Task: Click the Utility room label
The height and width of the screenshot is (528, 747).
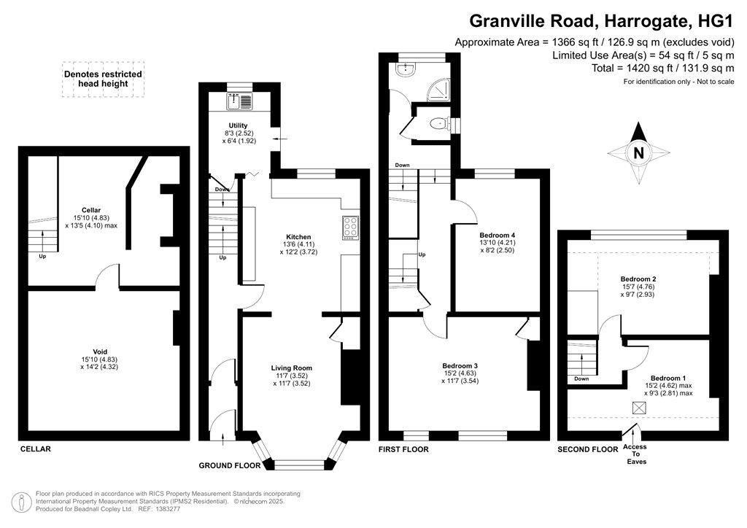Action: tap(238, 125)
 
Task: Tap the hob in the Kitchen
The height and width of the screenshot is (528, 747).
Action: tap(351, 228)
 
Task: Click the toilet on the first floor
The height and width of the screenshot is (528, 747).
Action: tap(438, 124)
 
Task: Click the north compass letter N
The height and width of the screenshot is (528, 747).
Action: tap(638, 153)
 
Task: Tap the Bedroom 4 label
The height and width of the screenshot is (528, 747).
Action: tap(497, 236)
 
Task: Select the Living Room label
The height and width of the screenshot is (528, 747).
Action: tap(292, 368)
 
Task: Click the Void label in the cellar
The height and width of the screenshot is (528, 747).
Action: tap(99, 352)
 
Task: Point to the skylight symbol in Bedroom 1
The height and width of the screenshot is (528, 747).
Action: tap(639, 408)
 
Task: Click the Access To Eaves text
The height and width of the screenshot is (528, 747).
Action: tap(635, 454)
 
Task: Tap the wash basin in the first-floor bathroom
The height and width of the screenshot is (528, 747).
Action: tap(406, 69)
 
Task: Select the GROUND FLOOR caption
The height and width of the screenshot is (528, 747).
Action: tap(230, 465)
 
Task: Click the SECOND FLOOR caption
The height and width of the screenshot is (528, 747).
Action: tap(588, 449)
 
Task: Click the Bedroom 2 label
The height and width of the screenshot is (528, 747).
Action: tap(638, 279)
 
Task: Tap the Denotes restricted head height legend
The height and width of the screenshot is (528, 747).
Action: tap(103, 79)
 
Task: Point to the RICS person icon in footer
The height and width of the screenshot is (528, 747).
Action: tap(21, 502)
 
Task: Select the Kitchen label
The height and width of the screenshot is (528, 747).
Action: tap(298, 237)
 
